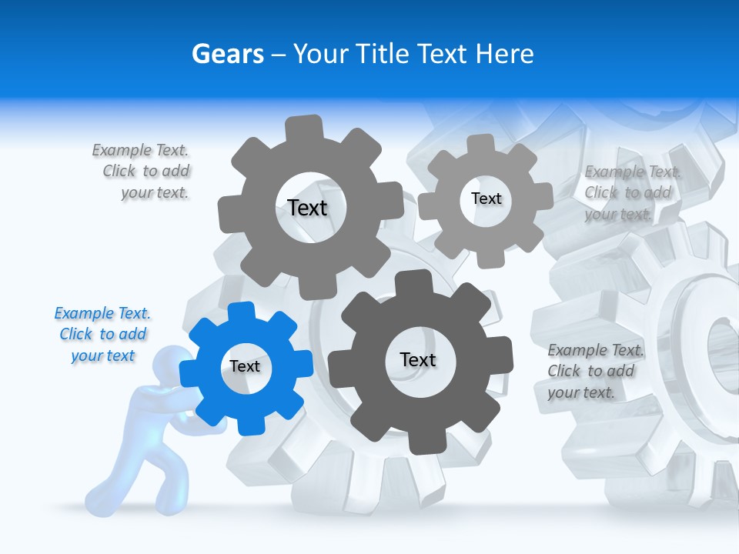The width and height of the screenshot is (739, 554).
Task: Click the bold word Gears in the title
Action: [228, 55]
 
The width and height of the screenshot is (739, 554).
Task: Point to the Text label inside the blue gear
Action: [245, 366]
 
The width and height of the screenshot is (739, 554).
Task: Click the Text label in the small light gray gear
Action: [486, 199]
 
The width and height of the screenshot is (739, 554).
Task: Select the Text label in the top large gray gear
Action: [307, 208]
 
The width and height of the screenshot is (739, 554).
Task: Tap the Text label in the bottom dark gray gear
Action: [418, 359]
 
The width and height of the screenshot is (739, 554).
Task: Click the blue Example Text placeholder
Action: [102, 335]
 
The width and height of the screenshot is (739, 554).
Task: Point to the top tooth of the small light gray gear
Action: [481, 143]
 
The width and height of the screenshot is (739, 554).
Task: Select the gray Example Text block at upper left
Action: [142, 172]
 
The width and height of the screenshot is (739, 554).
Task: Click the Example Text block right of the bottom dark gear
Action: [594, 372]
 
